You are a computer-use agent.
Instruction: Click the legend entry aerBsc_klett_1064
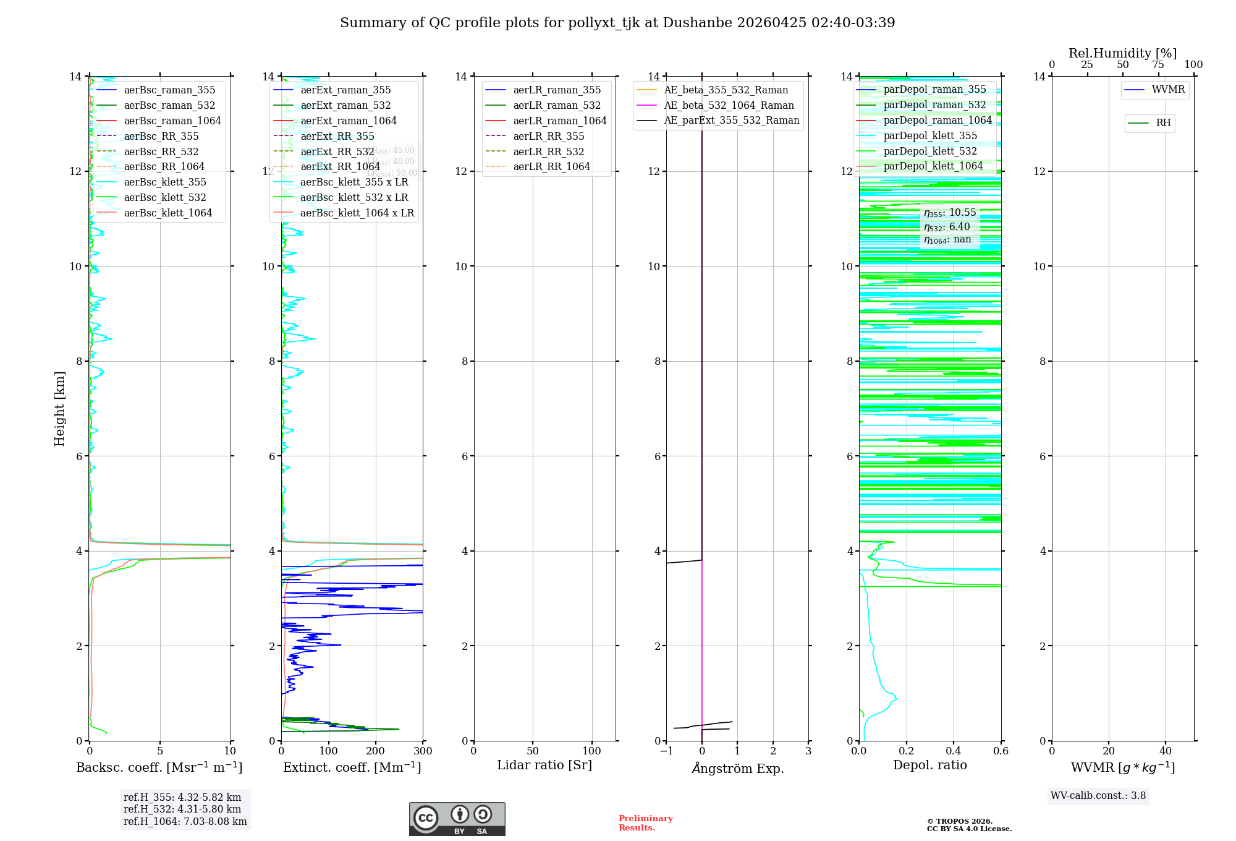coord(167,213)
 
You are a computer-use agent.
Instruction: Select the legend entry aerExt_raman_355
coord(345,90)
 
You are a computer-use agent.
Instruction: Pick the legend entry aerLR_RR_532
coord(548,152)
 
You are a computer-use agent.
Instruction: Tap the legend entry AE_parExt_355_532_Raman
coord(731,120)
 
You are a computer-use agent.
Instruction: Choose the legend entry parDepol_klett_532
coord(930,151)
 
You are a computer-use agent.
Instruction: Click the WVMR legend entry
coord(1167,90)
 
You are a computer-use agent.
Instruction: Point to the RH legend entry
coord(1162,123)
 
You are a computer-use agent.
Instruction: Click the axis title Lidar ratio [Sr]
coord(544,765)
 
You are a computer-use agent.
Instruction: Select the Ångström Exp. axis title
coord(738,768)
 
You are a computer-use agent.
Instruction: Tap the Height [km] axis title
coord(59,408)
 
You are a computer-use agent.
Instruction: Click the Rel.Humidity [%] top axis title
coord(1122,53)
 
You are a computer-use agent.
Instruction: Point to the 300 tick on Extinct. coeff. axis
coord(423,751)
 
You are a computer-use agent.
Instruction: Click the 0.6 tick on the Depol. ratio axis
coord(1001,751)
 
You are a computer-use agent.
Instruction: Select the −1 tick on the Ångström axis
coord(666,751)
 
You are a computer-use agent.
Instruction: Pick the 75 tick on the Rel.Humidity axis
coord(1158,65)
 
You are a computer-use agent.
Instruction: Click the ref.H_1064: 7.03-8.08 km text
coord(185,821)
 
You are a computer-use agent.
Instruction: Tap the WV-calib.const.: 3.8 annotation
coord(1098,795)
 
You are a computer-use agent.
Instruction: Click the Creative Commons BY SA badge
coord(457,819)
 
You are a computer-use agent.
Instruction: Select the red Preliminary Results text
coord(645,822)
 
